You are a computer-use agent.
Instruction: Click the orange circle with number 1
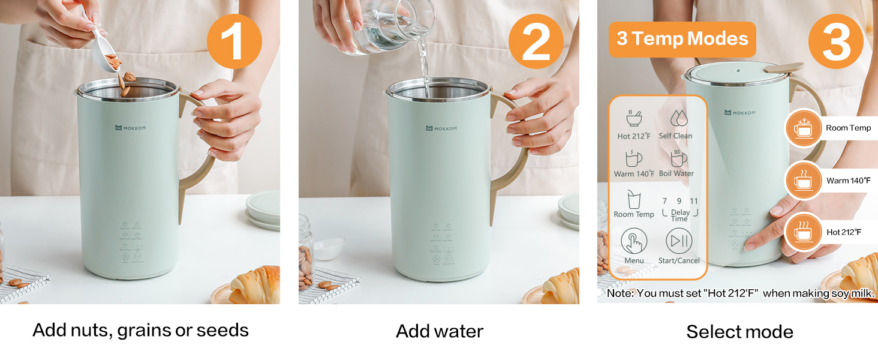point(234,41)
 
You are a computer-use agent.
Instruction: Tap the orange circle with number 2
point(536,41)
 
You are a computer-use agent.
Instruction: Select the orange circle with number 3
point(835,41)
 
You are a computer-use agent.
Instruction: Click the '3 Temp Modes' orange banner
point(682,39)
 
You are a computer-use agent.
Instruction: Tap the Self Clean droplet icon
point(678,118)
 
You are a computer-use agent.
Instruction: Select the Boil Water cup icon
point(678,158)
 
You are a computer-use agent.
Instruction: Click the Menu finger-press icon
point(634,241)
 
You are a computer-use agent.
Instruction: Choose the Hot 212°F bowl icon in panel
point(633,118)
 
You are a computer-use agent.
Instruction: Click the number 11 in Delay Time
point(694,202)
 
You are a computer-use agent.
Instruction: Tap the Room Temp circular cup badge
point(803,128)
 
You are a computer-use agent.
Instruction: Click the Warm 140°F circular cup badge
point(803,180)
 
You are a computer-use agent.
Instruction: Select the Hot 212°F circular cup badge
point(803,232)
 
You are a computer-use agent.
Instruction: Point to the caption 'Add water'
point(440,331)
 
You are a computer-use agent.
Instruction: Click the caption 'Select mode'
point(739,332)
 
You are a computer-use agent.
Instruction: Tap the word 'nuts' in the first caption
point(91,331)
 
